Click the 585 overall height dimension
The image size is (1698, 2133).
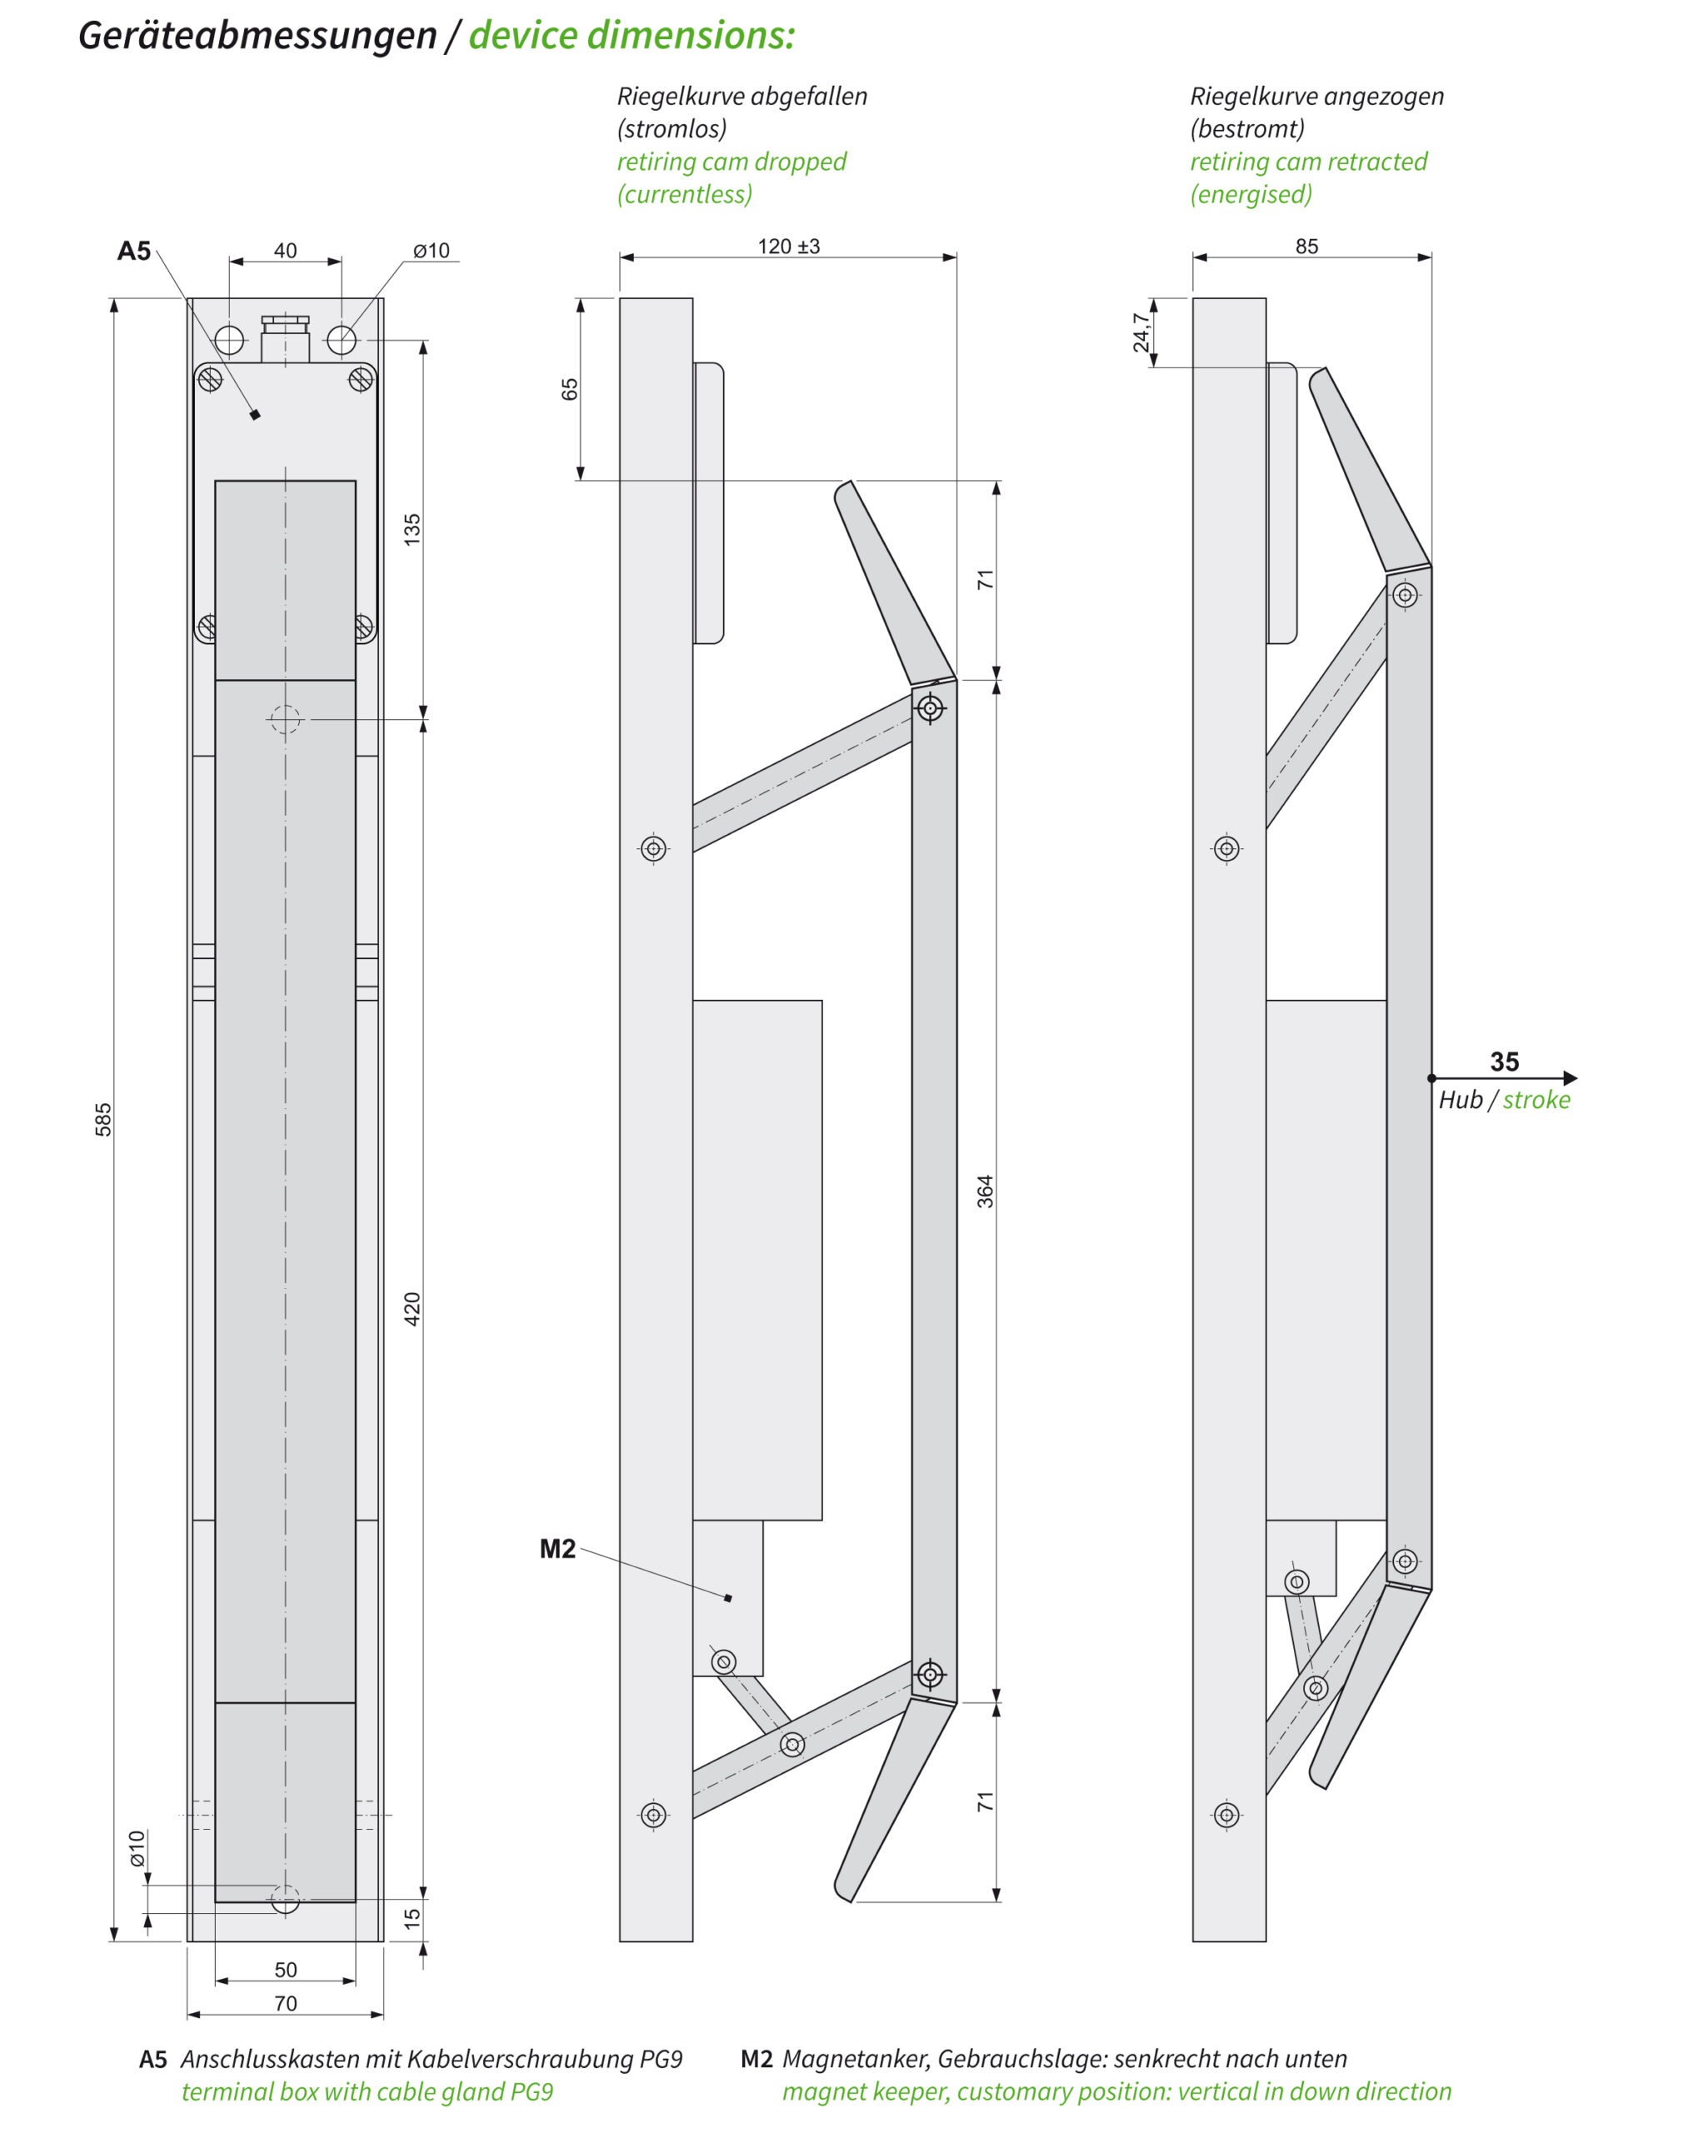click(103, 1119)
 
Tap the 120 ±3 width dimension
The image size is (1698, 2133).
click(789, 247)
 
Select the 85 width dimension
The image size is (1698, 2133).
click(1306, 247)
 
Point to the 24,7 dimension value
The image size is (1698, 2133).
click(1142, 332)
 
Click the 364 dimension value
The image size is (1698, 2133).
click(986, 1191)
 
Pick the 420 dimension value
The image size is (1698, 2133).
click(412, 1309)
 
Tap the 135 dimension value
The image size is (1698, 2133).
click(412, 529)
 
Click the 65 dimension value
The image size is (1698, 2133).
click(569, 389)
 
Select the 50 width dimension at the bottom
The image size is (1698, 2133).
click(285, 1970)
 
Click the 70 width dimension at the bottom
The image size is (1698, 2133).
click(285, 2003)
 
